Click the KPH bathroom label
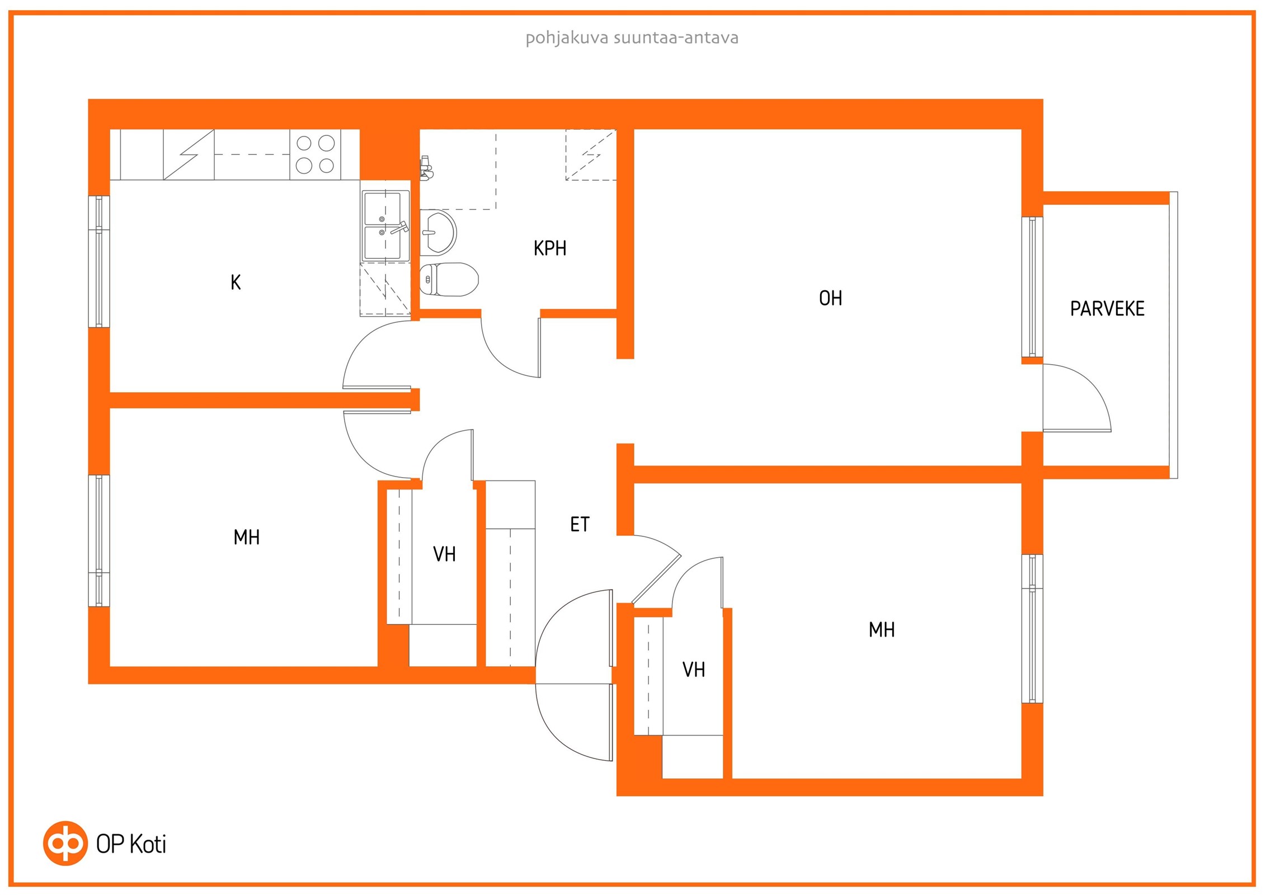coord(550,248)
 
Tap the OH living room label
coord(830,298)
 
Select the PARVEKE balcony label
coord(1107,309)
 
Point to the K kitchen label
coord(236,282)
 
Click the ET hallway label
coord(580,524)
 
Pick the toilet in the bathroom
coord(449,279)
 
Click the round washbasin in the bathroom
coord(438,232)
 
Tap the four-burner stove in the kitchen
coord(315,154)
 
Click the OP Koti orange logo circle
coord(65,844)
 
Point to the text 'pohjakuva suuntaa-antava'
coord(632,38)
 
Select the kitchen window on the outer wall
coord(99,261)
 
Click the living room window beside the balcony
coord(1032,287)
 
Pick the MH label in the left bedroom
coord(246,538)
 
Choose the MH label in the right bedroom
coord(882,630)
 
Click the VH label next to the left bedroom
coord(444,554)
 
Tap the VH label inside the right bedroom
coord(694,670)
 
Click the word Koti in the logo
coord(148,844)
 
